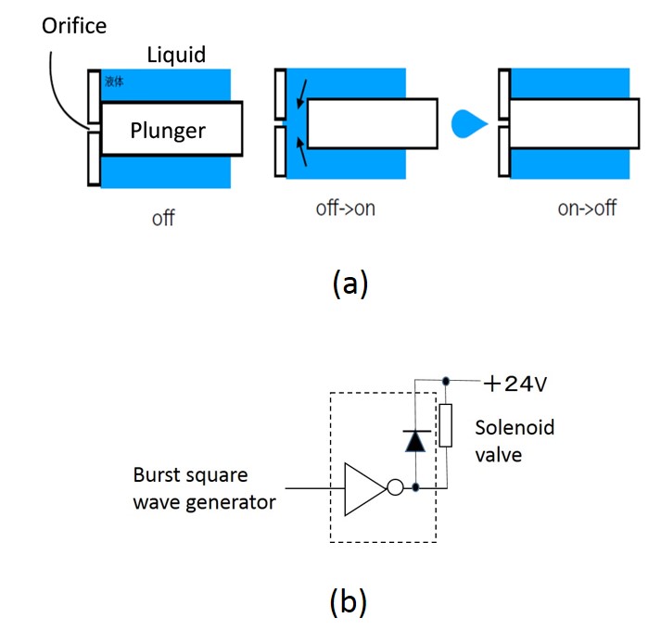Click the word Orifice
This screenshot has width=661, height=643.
click(74, 26)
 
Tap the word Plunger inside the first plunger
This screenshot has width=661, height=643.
click(168, 131)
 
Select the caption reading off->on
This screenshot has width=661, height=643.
click(345, 208)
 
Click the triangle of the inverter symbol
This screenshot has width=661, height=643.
click(363, 488)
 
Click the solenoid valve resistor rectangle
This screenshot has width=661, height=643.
click(446, 426)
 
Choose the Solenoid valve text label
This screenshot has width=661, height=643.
click(513, 441)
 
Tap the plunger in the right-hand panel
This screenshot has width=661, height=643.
click(574, 124)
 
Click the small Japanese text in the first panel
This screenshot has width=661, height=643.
click(116, 82)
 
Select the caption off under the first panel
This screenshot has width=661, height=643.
click(164, 219)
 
